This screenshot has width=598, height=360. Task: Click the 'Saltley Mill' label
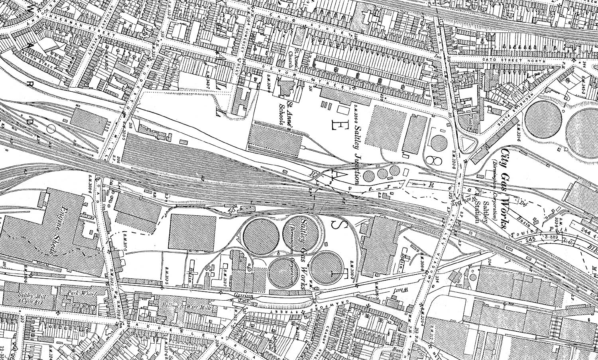pyautogui.click(x=31, y=298)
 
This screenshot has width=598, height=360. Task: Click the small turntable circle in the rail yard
pyautogui.click(x=51, y=128)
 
